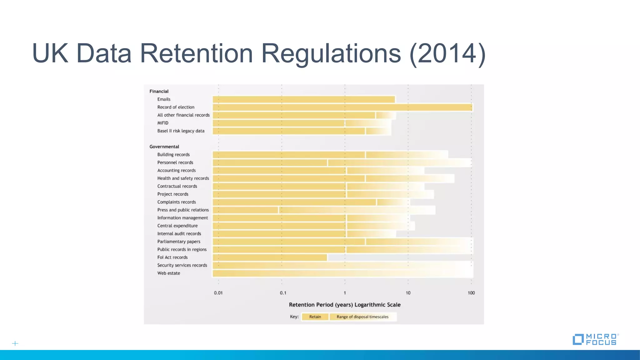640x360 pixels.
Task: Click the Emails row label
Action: [164, 99]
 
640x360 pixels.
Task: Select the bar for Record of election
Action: [342, 107]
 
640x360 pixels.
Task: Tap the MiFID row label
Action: [163, 123]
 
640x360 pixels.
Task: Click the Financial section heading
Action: [159, 91]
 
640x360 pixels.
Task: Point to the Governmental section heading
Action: [164, 147]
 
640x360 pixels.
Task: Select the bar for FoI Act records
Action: [270, 257]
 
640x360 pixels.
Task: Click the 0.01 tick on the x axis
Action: [218, 293]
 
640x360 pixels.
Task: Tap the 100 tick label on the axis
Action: [471, 293]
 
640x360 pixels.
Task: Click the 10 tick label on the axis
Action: [408, 293]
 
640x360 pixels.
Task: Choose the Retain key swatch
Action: [315, 317]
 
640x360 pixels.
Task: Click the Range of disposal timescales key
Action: [362, 317]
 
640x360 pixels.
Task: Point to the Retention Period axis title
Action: [344, 305]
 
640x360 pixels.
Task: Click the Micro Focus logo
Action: [595, 339]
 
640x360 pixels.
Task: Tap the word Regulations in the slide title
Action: [331, 53]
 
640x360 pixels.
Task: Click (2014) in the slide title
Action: [447, 53]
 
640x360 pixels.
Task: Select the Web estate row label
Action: [168, 273]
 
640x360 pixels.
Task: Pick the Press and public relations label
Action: [183, 210]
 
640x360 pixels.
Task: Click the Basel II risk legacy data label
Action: [181, 131]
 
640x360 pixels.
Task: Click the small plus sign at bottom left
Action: [15, 343]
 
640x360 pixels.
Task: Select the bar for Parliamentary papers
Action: [342, 242]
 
